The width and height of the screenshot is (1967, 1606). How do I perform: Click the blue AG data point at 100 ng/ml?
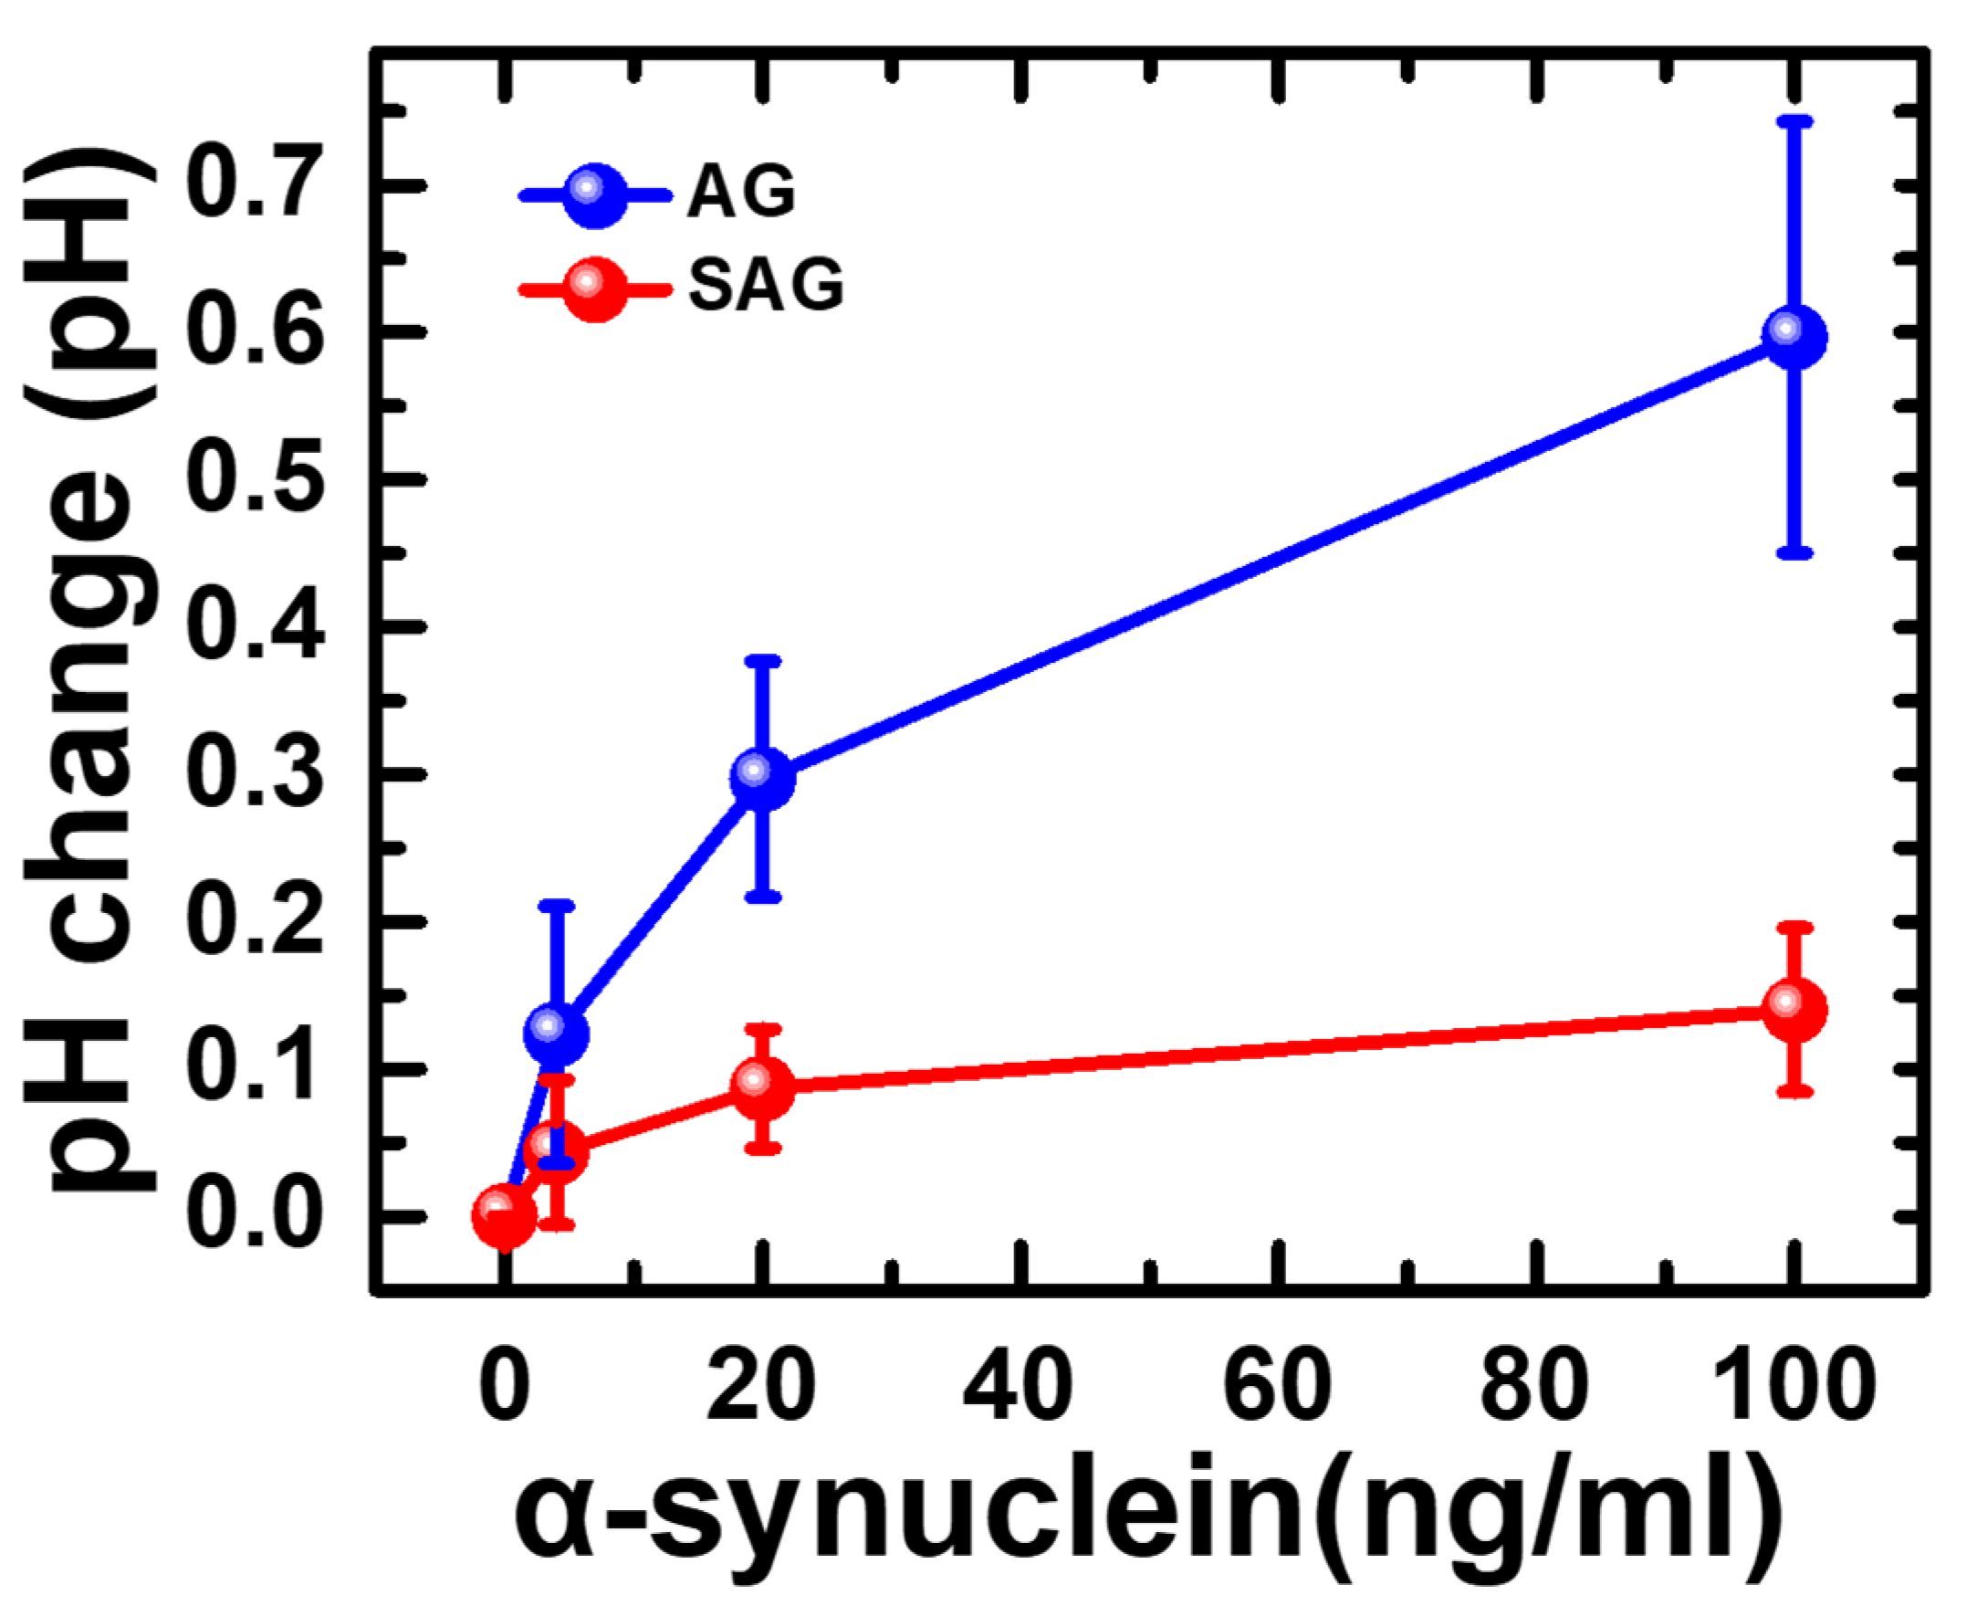pos(1794,336)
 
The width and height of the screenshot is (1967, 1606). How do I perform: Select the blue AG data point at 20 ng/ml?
pos(761,777)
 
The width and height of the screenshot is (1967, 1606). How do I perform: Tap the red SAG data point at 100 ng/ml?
pos(1794,1008)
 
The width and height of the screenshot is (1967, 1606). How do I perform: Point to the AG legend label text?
pos(741,193)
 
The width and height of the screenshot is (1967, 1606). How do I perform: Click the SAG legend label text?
pos(766,285)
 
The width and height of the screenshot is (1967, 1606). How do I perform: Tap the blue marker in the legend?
pos(594,194)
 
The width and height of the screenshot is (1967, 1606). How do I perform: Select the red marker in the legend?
pos(594,289)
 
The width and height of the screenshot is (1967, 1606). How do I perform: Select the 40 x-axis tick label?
pos(1017,1384)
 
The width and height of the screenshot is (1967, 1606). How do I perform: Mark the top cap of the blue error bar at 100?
pos(1794,121)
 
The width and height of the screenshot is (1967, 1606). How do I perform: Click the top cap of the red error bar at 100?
pos(1794,926)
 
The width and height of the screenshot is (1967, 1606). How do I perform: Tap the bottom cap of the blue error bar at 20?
pos(761,897)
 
